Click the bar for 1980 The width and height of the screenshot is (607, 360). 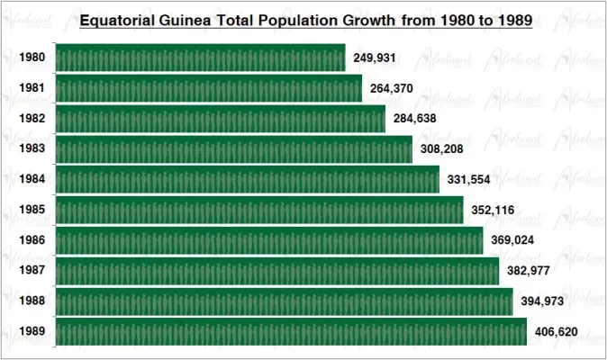pos(201,58)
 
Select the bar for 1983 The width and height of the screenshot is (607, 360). pos(234,149)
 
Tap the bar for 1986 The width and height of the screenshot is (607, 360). pos(269,240)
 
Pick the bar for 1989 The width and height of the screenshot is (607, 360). pos(291,331)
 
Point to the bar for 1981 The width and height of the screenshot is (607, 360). pos(209,88)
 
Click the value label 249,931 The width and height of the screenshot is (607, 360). pos(374,59)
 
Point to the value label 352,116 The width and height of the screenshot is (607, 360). pos(492,211)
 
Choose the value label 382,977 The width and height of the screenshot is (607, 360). pos(527,271)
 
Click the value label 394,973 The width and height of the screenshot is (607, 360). pos(540,301)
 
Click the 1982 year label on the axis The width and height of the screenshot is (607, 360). pos(32,119)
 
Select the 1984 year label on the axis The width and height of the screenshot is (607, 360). pos(32,179)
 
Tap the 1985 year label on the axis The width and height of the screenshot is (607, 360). pos(32,210)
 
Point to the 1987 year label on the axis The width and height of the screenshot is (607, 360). pos(32,270)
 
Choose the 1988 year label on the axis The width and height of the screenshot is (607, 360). pos(32,301)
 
